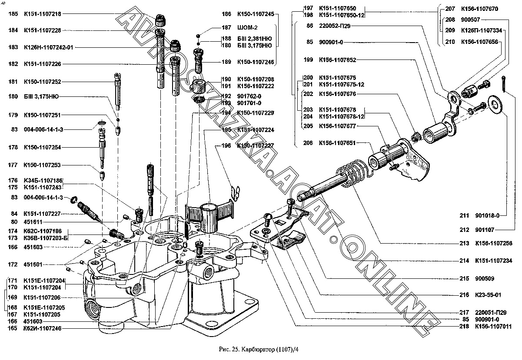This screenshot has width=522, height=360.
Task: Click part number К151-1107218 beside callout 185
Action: [42, 14]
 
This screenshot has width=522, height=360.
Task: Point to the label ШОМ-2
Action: [246, 27]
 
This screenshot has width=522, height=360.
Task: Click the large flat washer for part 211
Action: [494, 103]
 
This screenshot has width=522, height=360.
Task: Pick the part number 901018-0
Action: [487, 215]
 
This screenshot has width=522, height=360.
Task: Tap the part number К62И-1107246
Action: [42, 329]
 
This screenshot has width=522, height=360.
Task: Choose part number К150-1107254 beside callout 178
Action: [42, 148]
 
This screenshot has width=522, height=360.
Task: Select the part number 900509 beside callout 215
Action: [485, 278]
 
